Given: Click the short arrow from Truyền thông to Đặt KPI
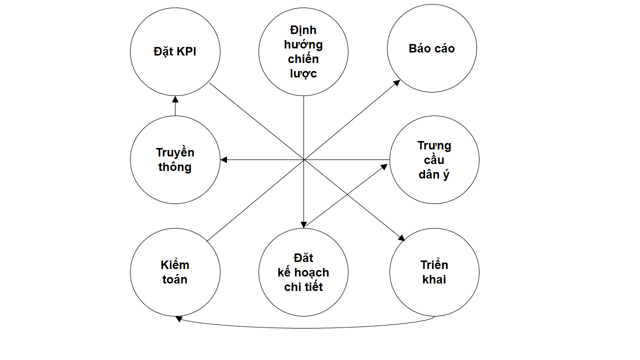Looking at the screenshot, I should coord(175,106).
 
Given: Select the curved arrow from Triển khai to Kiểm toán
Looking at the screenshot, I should coord(305,328).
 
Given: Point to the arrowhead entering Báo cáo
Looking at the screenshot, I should coord(397,82).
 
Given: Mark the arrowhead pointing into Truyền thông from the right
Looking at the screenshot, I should coord(224,160).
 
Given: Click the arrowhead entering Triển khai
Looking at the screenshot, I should coord(401,238).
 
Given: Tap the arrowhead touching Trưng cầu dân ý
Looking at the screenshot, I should coord(384,166).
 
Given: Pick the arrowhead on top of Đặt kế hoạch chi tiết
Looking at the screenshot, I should coord(303,225).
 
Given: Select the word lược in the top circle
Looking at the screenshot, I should coord(303,73).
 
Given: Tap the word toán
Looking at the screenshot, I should coord(175,279).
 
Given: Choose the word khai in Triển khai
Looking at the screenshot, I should coord(434,279).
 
